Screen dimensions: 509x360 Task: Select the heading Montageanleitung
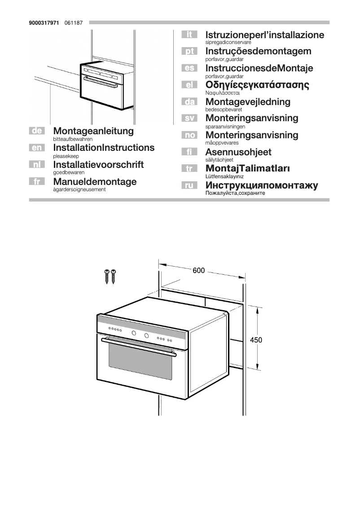tap(93, 131)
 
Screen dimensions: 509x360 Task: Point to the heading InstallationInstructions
tap(104, 148)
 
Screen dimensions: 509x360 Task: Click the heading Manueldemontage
tap(95, 181)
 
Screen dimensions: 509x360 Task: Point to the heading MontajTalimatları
tap(247, 169)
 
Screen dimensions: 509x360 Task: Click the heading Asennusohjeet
tap(238, 152)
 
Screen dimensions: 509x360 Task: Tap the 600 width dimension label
tap(199, 271)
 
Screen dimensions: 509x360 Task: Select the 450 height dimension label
tap(256, 340)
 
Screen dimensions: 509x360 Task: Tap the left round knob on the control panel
tap(134, 333)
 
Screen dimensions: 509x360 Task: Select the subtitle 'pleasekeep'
tap(66, 156)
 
